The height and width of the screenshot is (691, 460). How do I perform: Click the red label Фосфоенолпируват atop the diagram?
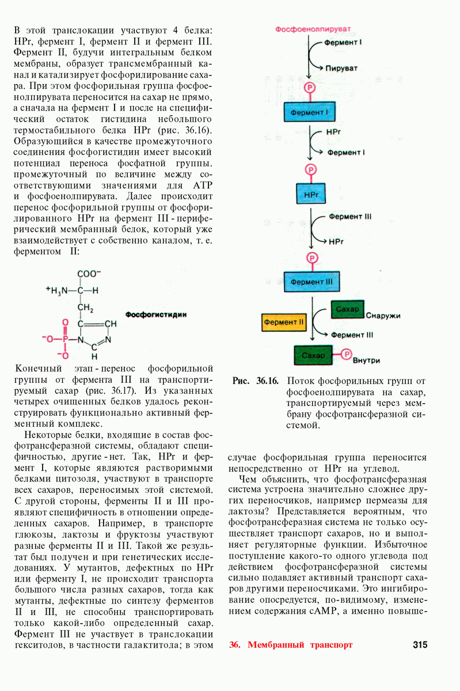(313, 28)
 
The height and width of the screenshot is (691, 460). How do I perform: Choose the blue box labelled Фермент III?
(312, 282)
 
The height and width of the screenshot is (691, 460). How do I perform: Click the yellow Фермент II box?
(284, 322)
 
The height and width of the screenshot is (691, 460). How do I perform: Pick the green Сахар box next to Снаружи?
(347, 310)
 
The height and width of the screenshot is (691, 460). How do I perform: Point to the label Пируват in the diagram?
(341, 67)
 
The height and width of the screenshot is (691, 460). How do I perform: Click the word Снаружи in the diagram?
(383, 316)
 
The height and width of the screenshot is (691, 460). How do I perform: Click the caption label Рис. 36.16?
(256, 381)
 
